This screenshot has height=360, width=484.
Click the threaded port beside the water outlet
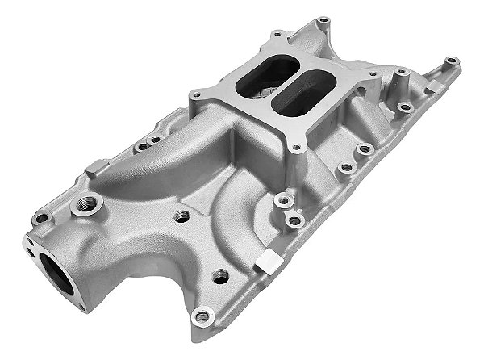click(81, 208)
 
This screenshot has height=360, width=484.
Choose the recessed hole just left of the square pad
click(217, 277)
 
